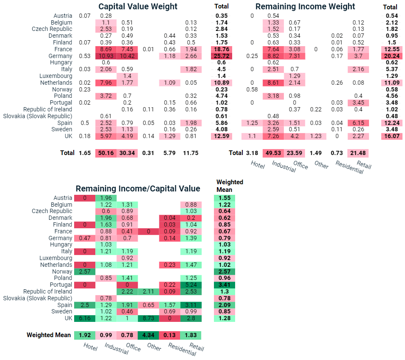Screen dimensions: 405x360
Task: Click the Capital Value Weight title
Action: (x=138, y=6)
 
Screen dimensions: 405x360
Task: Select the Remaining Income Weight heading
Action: (x=305, y=6)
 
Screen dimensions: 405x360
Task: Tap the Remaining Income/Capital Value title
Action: (x=138, y=188)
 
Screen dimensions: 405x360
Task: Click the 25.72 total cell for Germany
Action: (x=222, y=56)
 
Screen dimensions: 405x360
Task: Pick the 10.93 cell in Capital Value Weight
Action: (x=106, y=56)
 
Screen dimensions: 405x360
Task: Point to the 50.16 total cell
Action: (x=106, y=153)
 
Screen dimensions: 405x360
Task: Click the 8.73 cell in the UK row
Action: (x=148, y=318)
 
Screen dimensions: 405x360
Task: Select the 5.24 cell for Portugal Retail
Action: (x=191, y=285)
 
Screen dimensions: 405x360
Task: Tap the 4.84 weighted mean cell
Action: (x=148, y=335)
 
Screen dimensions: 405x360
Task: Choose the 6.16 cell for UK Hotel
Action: (x=85, y=318)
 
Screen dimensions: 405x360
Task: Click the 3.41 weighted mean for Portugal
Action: (x=225, y=285)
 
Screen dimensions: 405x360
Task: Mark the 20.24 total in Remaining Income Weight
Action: (x=392, y=56)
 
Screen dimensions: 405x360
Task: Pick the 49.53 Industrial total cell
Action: (x=273, y=153)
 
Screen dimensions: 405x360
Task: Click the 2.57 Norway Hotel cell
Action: (x=85, y=271)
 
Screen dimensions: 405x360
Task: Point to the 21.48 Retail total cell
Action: (x=358, y=153)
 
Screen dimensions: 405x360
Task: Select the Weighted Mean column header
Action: (x=230, y=186)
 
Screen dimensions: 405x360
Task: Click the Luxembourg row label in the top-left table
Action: (x=56, y=76)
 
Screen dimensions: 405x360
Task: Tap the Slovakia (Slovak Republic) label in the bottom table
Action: (x=38, y=298)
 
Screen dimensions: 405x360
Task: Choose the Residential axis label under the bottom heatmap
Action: (x=182, y=349)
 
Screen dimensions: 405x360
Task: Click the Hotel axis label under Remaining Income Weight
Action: (x=258, y=165)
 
